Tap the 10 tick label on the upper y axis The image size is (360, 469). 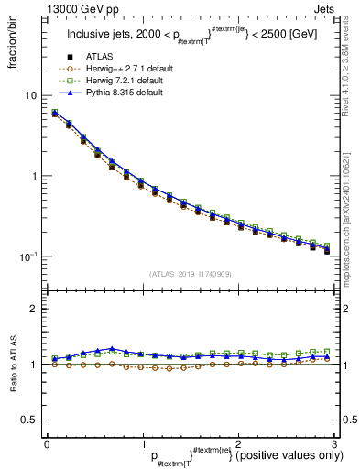30,95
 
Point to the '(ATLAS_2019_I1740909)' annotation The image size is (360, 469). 190,273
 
